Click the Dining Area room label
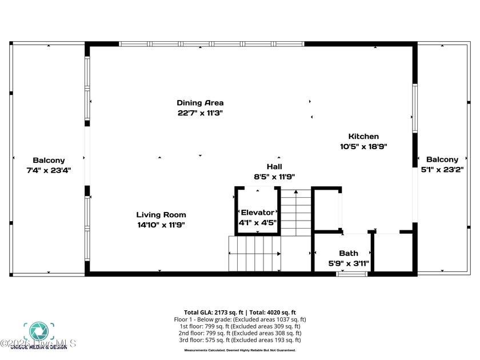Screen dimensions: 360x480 pyautogui.click(x=199, y=103)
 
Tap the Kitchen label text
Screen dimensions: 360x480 pyautogui.click(x=363, y=137)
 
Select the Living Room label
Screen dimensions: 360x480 pyautogui.click(x=161, y=215)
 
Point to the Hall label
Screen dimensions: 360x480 pyautogui.click(x=274, y=167)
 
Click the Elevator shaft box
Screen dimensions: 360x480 pyautogui.click(x=257, y=211)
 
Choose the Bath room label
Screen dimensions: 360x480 pyautogui.click(x=348, y=253)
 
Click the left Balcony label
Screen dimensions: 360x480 pyautogui.click(x=49, y=161)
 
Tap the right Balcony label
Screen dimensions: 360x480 pyautogui.click(x=442, y=159)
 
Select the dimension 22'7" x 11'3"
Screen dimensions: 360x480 pyautogui.click(x=199, y=113)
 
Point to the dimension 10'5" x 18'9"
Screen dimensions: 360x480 pyautogui.click(x=363, y=147)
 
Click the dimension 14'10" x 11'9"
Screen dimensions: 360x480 pyautogui.click(x=161, y=225)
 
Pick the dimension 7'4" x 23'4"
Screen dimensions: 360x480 pyautogui.click(x=49, y=170)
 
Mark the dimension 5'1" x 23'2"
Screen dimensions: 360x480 pyautogui.click(x=442, y=170)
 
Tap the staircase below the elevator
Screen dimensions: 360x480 pyautogui.click(x=254, y=254)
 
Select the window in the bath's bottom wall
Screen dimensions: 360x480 pyautogui.click(x=351, y=274)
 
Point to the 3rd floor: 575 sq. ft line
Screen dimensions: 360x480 pyautogui.click(x=240, y=340)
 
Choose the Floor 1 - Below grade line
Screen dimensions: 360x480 pyautogui.click(x=240, y=319)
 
